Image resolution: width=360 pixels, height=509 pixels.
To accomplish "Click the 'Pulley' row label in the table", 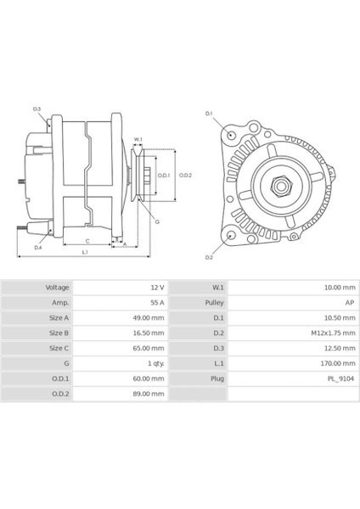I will (213, 303).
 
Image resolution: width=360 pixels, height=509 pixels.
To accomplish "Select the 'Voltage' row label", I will (57, 288).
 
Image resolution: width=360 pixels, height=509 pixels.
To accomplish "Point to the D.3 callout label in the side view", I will (37, 109).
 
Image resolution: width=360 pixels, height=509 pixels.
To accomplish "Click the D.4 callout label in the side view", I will (38, 247).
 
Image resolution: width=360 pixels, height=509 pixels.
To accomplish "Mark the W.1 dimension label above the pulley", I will (138, 139).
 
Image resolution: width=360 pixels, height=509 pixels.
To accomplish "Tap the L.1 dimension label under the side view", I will (86, 253).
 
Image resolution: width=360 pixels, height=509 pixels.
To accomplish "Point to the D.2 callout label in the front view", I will (209, 256).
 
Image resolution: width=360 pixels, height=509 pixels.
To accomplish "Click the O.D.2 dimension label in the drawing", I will (186, 176).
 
